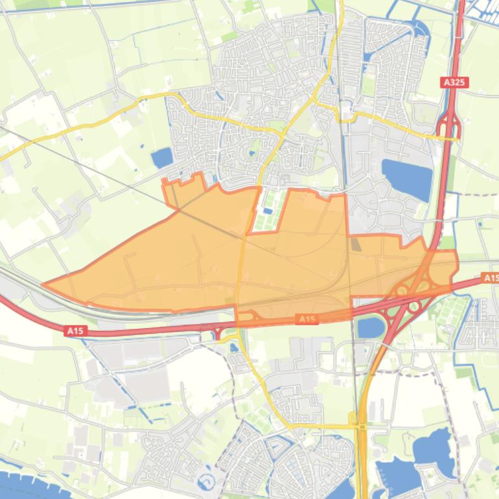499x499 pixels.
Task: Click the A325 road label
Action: point(454,82)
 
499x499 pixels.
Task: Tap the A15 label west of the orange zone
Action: point(75,331)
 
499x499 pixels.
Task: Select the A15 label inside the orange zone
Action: point(307,319)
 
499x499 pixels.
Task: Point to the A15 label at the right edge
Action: point(491,278)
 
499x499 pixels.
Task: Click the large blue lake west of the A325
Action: point(407,178)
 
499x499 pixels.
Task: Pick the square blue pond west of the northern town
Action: point(161,157)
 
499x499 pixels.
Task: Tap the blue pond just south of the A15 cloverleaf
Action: point(370,327)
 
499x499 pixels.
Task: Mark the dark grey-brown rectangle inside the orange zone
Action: point(356,244)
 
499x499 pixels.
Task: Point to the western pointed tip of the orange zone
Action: point(44,284)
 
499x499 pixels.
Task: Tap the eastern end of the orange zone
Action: point(456,266)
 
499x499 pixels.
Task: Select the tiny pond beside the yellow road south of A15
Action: point(233,347)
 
